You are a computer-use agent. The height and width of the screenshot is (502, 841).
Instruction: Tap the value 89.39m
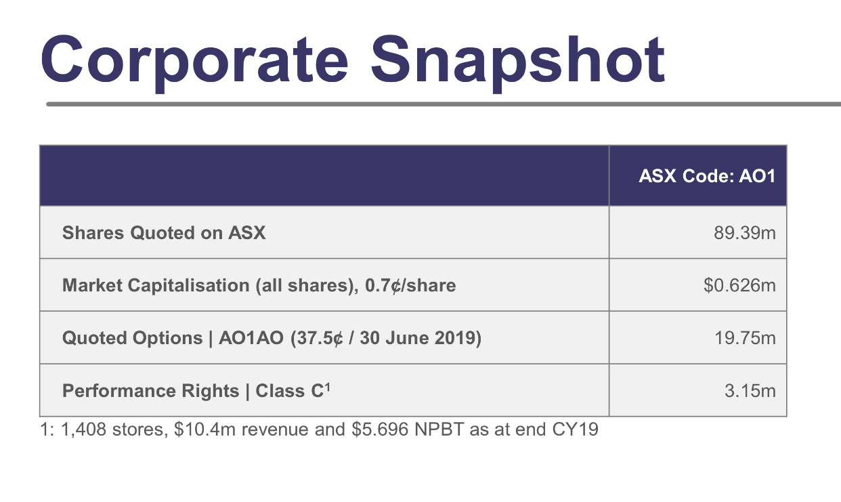pyautogui.click(x=745, y=233)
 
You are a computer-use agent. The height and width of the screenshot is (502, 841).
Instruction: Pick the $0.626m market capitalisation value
pyautogui.click(x=739, y=285)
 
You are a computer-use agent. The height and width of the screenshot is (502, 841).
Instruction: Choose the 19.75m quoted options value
pyautogui.click(x=746, y=338)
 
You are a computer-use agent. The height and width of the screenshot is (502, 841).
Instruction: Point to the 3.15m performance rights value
pyautogui.click(x=750, y=391)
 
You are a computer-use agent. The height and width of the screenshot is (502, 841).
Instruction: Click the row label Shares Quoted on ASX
pyautogui.click(x=164, y=233)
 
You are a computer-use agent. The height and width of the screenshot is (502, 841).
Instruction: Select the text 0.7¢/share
pyautogui.click(x=410, y=286)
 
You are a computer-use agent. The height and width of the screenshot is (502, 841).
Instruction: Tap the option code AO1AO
pyautogui.click(x=251, y=338)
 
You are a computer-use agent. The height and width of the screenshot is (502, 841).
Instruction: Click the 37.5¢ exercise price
pyautogui.click(x=319, y=338)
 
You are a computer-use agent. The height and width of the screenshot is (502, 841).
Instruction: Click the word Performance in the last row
pyautogui.click(x=150, y=391)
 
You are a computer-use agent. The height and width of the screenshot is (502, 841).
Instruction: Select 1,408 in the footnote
pyautogui.click(x=83, y=430)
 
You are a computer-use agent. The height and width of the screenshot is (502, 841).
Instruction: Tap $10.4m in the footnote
pyautogui.click(x=205, y=429)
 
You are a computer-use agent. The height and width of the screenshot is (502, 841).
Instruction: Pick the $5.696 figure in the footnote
pyautogui.click(x=380, y=429)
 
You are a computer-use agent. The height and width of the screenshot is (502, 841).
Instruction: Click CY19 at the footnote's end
pyautogui.click(x=575, y=429)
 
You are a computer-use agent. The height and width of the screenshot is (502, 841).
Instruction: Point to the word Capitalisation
pyautogui.click(x=188, y=286)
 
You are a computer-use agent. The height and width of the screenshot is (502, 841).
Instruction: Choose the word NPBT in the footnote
pyautogui.click(x=439, y=429)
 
